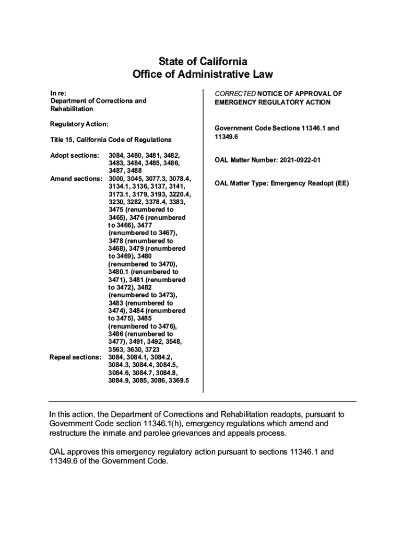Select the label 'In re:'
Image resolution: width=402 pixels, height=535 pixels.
(58, 93)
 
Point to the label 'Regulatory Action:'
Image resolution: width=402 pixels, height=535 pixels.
(79, 124)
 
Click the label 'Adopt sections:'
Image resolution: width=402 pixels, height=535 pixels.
(75, 156)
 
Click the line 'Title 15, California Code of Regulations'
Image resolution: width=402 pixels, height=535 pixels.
(111, 140)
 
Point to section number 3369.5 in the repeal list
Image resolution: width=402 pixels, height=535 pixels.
(177, 381)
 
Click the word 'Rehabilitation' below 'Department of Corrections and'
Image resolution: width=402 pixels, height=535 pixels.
(72, 109)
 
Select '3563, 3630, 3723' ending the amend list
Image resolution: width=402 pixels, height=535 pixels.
(134, 350)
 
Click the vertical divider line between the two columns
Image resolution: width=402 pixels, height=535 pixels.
(203, 240)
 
